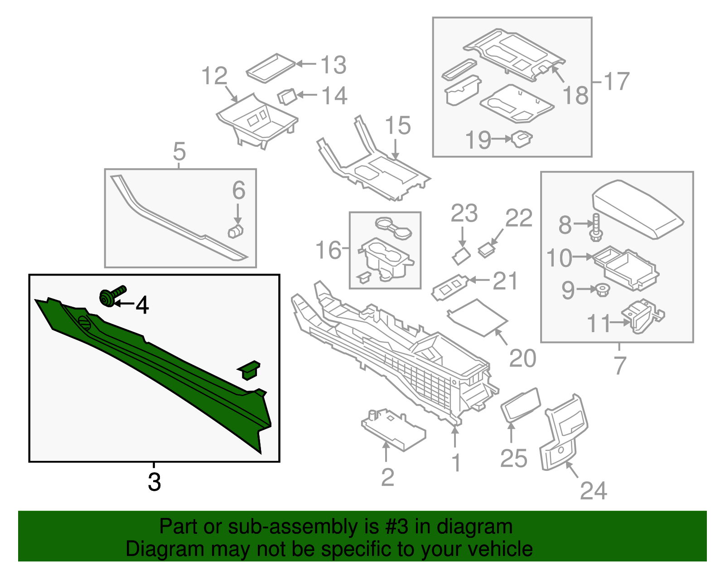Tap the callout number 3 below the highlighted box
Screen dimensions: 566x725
154,482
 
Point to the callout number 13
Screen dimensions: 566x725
333,65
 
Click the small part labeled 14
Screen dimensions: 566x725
286,96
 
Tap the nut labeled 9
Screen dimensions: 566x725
602,290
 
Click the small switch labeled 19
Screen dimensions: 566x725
522,139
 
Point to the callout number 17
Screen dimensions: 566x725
617,82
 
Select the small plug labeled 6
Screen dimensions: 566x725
235,231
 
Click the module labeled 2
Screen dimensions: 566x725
392,428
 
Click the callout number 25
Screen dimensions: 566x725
514,458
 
